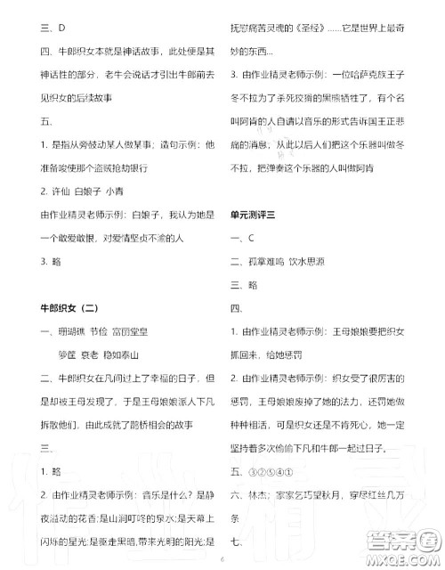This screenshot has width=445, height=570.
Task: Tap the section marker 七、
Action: point(236,541)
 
